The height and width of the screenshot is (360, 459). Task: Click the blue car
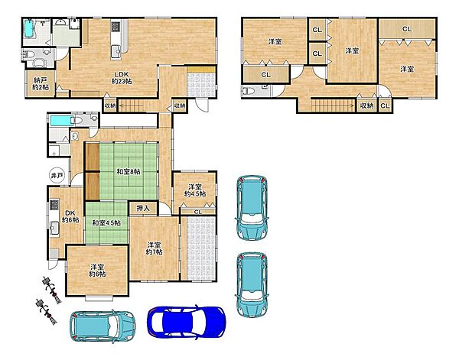(187, 322)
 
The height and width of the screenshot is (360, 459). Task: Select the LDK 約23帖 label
(122, 78)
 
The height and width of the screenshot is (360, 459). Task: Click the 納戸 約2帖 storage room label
(41, 83)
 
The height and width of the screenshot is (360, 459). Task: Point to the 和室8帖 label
(129, 172)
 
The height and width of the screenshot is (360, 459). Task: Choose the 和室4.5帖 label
(106, 223)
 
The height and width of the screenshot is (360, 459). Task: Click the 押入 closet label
(143, 208)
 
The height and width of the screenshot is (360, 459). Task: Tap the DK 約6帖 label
(70, 216)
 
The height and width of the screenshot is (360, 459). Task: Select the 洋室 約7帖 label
(154, 248)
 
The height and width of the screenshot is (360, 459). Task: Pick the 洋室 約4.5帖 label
(194, 190)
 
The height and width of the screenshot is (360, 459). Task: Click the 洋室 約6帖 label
(97, 271)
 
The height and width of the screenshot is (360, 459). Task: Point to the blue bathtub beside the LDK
(29, 28)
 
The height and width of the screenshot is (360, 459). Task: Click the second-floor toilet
(249, 91)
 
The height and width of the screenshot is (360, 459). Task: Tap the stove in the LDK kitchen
(116, 27)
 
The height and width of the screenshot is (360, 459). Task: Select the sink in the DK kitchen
(54, 228)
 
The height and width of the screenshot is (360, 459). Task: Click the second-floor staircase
(333, 105)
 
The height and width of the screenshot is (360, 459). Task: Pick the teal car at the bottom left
(103, 326)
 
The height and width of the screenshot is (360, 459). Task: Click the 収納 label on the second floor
(367, 105)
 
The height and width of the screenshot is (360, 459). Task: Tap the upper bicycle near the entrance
(52, 290)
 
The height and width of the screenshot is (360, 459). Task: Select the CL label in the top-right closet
(407, 29)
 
